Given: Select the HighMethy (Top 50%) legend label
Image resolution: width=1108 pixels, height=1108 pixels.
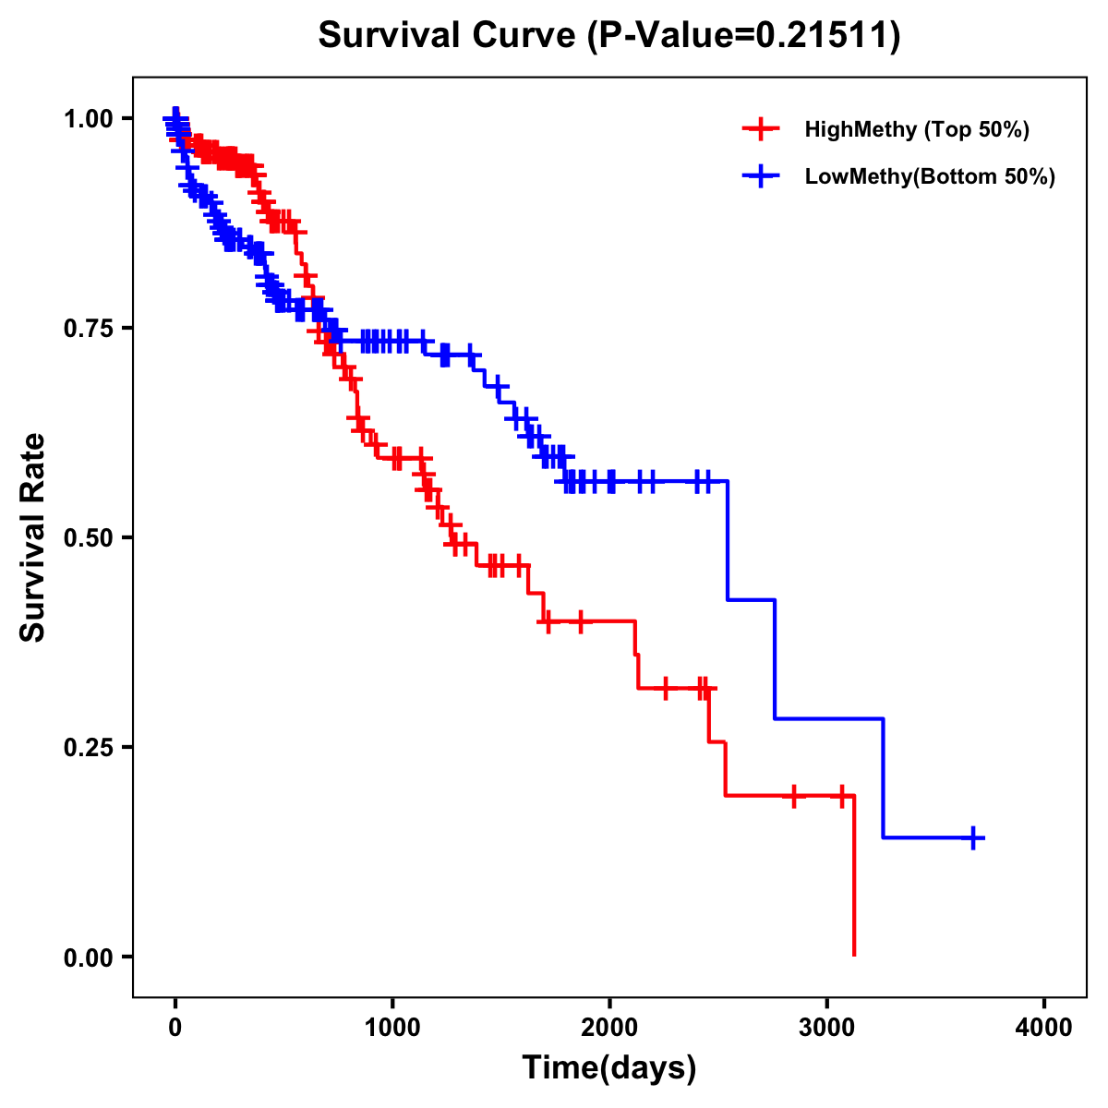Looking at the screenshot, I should pos(917,129).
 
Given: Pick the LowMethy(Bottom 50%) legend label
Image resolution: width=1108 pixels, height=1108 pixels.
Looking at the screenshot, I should pos(930,176).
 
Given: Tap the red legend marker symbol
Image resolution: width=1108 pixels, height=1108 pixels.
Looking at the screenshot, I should pos(760,129).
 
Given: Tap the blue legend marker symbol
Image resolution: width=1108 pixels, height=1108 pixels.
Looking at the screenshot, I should pos(760,176).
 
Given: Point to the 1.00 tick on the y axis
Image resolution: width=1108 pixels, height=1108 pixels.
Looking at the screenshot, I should pos(88,118).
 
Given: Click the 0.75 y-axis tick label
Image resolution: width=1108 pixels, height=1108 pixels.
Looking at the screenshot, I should pos(88,328).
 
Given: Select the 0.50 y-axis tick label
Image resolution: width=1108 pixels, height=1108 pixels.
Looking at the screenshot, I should pos(88,537).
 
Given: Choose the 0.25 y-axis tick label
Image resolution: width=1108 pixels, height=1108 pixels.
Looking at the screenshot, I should pos(88,747).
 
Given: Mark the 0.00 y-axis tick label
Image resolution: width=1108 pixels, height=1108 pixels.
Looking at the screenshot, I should pos(88,957).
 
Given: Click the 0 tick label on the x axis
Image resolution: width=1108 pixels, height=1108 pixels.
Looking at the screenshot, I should pos(175,1028).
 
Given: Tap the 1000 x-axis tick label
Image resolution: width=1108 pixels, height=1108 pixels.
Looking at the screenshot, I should pos(392,1028).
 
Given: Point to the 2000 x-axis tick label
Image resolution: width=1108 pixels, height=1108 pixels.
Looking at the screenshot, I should pos(609,1028).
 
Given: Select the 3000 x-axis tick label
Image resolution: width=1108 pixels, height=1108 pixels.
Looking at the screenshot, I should pos(827,1028).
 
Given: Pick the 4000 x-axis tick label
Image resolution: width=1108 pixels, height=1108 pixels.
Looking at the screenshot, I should pos(1044,1028).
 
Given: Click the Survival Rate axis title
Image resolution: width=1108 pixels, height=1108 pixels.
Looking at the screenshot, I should pos(33,537).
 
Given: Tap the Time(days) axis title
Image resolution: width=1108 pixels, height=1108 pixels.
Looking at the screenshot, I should pos(609,1068).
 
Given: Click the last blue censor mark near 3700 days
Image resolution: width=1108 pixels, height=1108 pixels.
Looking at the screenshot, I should pos(973,837).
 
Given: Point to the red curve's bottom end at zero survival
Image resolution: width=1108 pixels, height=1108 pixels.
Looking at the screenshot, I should pos(854,954).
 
